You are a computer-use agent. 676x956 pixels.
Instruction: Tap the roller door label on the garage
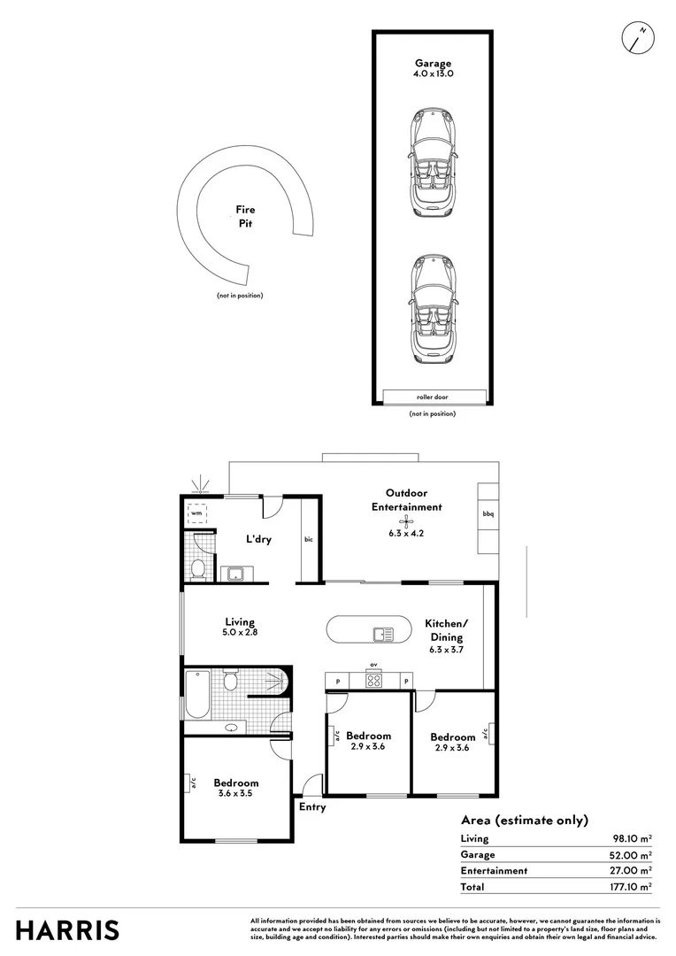pos(433,397)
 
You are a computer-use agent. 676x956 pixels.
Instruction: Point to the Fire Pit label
pos(245,217)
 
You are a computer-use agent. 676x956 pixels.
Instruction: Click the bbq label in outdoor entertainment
pos(488,514)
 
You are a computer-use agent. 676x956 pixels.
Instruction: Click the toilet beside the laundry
pos(199,567)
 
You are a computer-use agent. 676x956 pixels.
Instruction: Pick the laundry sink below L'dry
pos(235,574)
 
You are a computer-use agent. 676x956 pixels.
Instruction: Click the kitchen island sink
pos(383,634)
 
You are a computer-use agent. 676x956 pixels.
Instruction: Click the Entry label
pos(312,807)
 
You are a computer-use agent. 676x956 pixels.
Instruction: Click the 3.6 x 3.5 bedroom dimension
pos(236,794)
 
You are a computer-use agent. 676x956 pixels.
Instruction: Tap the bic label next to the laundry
pos(308,539)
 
